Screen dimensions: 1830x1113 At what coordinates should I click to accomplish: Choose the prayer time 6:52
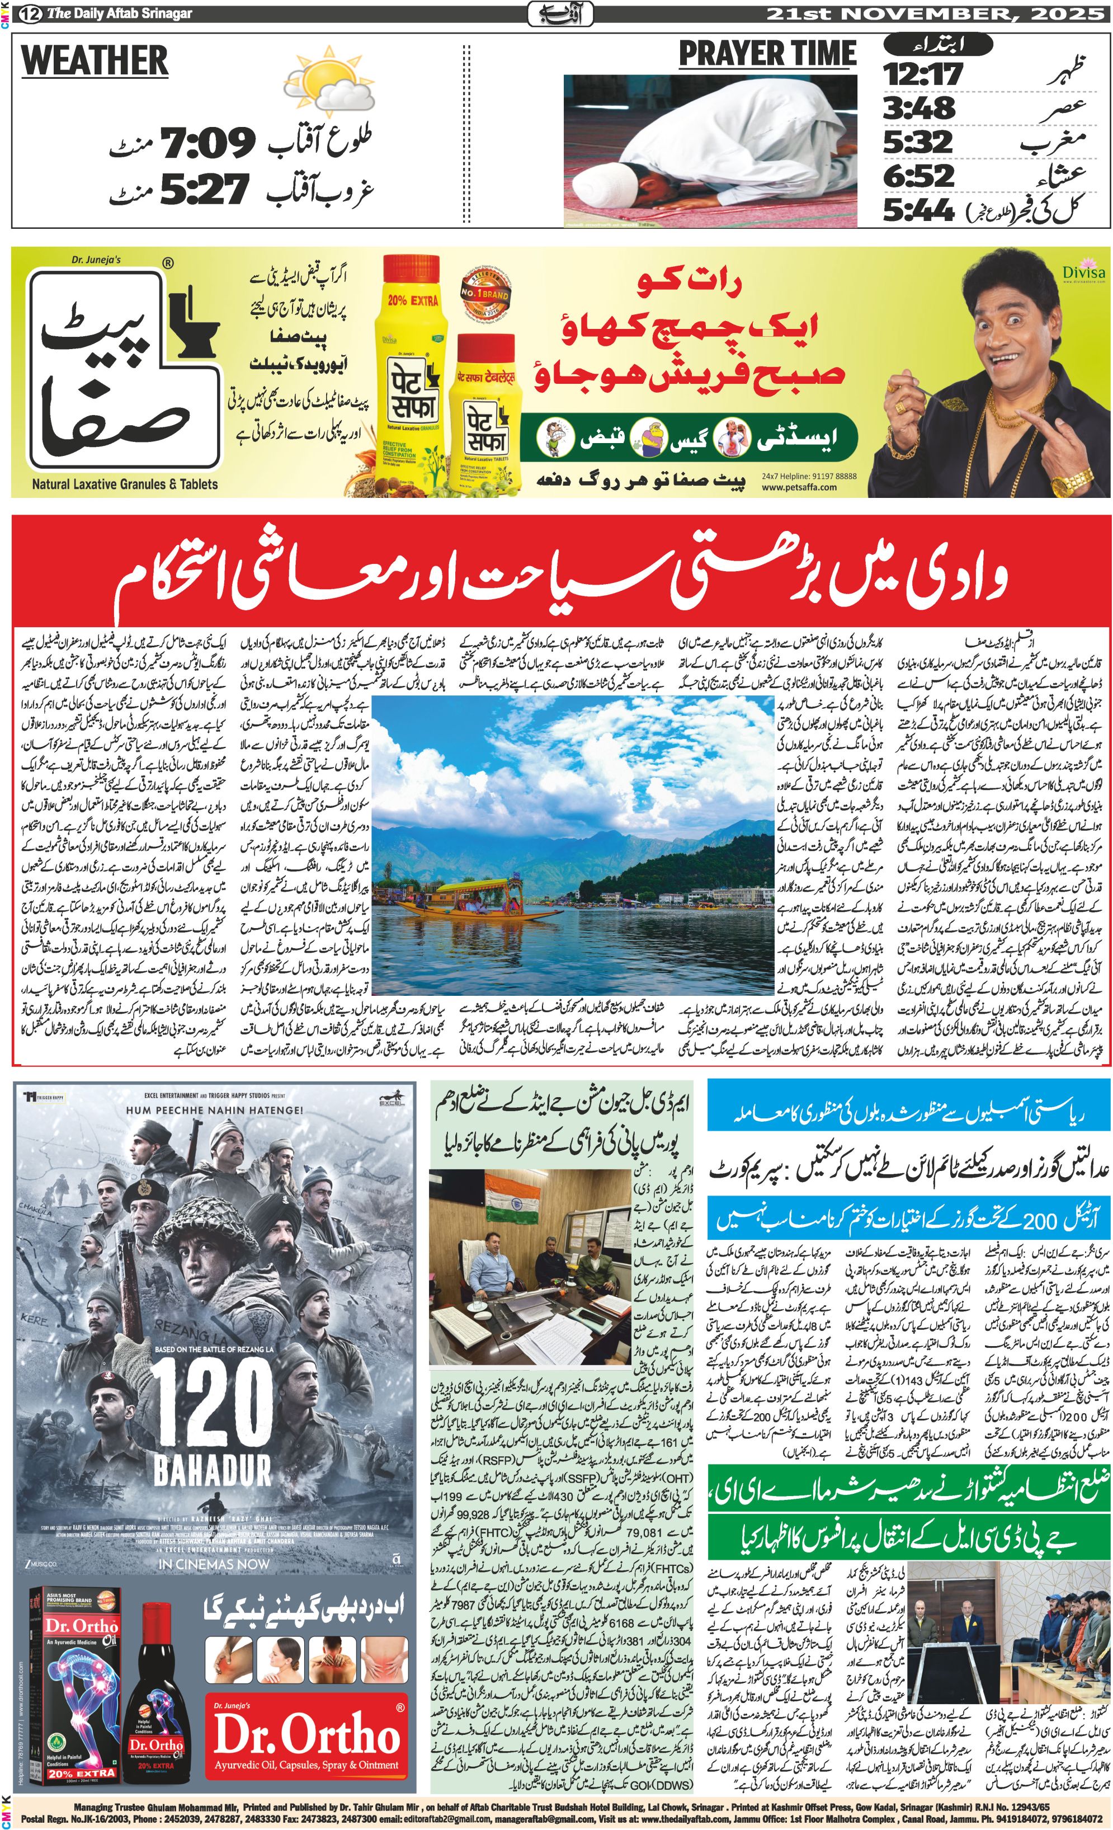tap(918, 176)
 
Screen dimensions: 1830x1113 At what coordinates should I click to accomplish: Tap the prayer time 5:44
tap(918, 211)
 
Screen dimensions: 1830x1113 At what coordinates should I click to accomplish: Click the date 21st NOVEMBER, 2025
tap(935, 13)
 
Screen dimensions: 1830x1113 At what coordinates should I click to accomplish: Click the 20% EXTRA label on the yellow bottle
tap(412, 301)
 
